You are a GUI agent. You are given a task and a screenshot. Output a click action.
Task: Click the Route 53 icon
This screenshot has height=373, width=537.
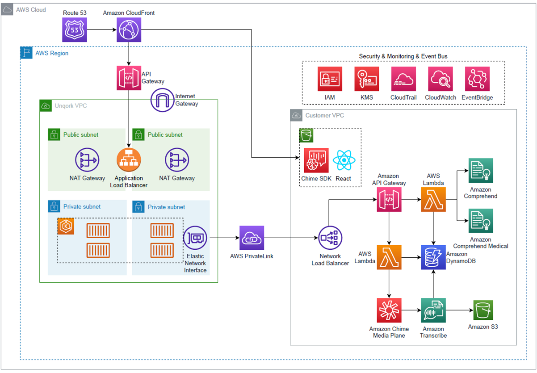tap(74, 30)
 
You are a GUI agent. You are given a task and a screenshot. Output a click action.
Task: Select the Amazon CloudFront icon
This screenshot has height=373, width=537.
tap(129, 30)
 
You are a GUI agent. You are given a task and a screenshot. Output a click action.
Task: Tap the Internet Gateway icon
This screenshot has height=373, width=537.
tap(163, 100)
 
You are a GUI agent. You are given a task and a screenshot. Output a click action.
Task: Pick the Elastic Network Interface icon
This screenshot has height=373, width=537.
tap(195, 238)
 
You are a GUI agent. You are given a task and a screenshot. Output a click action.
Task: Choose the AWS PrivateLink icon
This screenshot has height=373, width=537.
tap(252, 238)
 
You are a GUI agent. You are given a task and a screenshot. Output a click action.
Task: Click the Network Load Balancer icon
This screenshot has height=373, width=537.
tap(331, 238)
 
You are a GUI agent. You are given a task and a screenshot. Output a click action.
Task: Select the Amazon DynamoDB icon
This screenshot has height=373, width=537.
tap(433, 257)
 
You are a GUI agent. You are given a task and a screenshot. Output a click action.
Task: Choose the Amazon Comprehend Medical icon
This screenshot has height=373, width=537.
tap(481, 220)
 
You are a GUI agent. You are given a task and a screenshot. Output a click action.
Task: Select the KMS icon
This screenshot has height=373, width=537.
tap(367, 79)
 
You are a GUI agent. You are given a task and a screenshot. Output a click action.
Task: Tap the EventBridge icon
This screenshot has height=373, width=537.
tap(477, 79)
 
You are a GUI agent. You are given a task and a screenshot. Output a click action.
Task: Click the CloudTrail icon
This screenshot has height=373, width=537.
tap(403, 79)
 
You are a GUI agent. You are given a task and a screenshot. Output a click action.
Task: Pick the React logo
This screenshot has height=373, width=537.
tap(344, 160)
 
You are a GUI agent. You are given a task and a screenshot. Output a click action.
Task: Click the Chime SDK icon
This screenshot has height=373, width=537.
tap(316, 160)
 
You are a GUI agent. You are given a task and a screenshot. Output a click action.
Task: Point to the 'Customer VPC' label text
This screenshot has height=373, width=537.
tap(325, 116)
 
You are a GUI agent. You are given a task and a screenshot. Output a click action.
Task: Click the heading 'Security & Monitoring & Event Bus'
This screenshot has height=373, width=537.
tap(403, 56)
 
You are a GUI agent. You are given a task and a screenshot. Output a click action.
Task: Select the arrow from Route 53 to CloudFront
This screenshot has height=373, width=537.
tap(101, 30)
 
